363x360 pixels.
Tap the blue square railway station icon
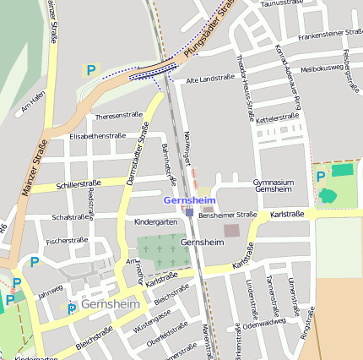click(x=189, y=212)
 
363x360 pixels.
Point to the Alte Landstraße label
click(x=209, y=79)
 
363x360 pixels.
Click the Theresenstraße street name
click(x=118, y=115)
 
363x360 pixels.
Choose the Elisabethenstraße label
click(x=97, y=135)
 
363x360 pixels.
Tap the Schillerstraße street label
click(x=78, y=183)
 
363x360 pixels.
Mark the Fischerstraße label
click(x=67, y=241)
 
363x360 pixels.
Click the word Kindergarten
click(x=155, y=221)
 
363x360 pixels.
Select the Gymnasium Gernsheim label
click(x=274, y=186)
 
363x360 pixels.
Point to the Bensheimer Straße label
click(x=227, y=215)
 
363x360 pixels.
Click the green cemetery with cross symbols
click(x=164, y=253)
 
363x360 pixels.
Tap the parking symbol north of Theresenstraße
click(x=90, y=70)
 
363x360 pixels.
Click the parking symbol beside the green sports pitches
click(x=321, y=177)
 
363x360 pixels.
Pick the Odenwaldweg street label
click(x=264, y=322)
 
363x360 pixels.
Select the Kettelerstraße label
click(x=279, y=117)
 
